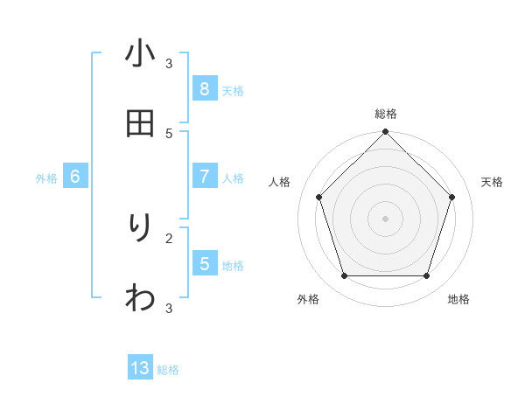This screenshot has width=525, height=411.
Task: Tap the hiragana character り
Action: pos(140,228)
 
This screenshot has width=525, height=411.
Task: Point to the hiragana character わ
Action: pos(140,298)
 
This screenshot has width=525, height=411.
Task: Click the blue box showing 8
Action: pos(204,88)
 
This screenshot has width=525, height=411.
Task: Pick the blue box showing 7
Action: pos(204,177)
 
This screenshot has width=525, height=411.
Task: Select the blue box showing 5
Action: pos(204,263)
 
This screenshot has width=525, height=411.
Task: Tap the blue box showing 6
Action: pos(75,177)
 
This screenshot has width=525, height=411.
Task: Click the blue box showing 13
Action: pos(140,368)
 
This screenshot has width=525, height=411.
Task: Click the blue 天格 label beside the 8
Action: pos(233,90)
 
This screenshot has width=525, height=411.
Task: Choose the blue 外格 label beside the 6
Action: pos(46,178)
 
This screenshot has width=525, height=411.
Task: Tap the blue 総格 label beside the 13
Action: pos(168,370)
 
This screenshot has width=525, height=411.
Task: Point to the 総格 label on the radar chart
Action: pos(386,114)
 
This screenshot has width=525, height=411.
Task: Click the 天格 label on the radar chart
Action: pos(492,182)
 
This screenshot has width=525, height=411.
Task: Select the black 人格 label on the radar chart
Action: pos(280,182)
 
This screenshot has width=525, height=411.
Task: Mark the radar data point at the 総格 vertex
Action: pos(386,133)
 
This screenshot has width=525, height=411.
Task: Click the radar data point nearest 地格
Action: pos(426,276)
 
